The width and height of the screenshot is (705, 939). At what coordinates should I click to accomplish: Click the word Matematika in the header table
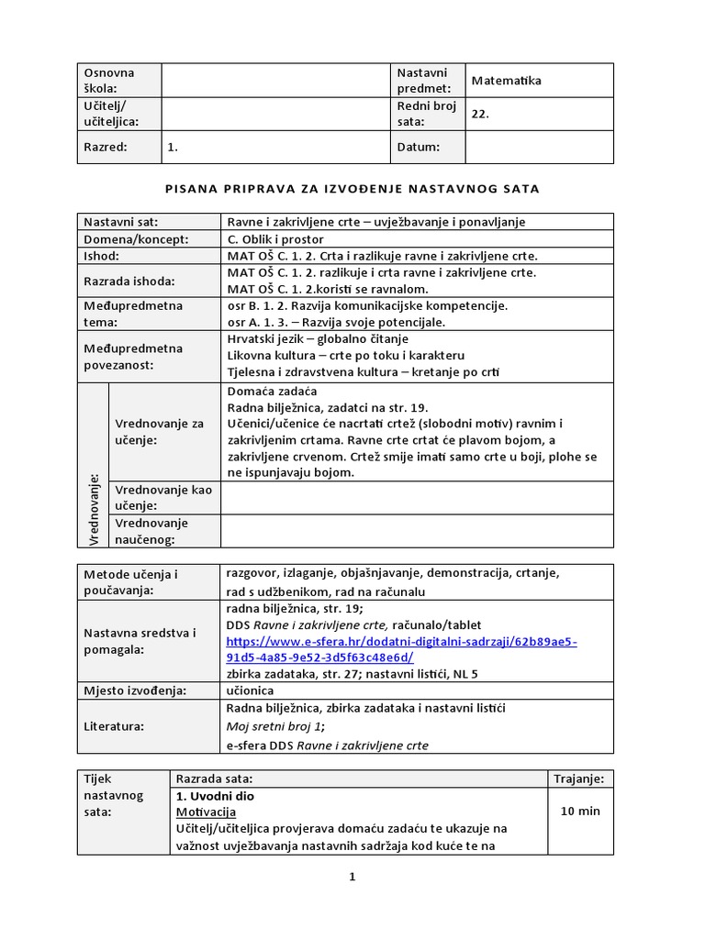pyautogui.click(x=506, y=81)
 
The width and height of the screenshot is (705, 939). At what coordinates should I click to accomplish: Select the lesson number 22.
pyautogui.click(x=480, y=115)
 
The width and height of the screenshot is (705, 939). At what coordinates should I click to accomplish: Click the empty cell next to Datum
pyautogui.click(x=539, y=147)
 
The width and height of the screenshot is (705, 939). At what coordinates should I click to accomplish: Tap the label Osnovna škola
pyautogui.click(x=109, y=81)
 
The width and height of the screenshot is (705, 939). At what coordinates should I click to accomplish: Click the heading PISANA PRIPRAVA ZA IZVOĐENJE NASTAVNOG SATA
pyautogui.click(x=352, y=189)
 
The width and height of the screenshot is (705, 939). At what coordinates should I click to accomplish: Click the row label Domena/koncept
pyautogui.click(x=136, y=238)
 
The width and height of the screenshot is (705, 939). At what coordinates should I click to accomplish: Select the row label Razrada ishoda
pyautogui.click(x=129, y=281)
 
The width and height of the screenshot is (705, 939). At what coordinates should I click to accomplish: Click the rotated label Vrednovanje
pyautogui.click(x=94, y=509)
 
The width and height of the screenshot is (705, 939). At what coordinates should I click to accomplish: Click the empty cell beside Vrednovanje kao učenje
pyautogui.click(x=417, y=497)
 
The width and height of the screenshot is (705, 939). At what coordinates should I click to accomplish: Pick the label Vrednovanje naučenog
pyautogui.click(x=151, y=531)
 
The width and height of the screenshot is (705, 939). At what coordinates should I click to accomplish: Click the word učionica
pyautogui.click(x=250, y=690)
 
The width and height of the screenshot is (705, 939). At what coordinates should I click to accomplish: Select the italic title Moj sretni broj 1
pyautogui.click(x=268, y=726)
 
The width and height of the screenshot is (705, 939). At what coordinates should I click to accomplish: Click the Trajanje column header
pyautogui.click(x=578, y=779)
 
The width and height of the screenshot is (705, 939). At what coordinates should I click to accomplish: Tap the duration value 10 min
pyautogui.click(x=578, y=812)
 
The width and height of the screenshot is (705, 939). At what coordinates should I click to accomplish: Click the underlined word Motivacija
pyautogui.click(x=206, y=812)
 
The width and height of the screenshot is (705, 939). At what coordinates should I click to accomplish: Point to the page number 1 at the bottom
pyautogui.click(x=352, y=877)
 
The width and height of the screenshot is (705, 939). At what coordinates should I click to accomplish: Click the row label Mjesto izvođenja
pyautogui.click(x=135, y=690)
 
